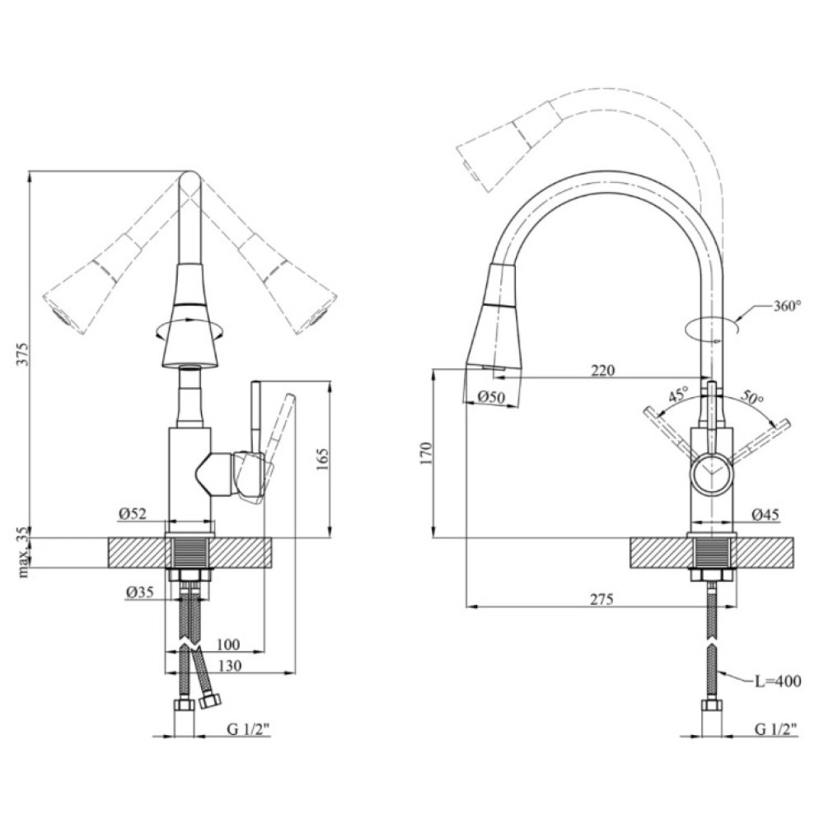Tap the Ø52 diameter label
[132, 513]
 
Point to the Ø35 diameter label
[139, 592]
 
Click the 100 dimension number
[228, 644]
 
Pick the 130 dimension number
[230, 665]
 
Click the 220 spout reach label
[602, 370]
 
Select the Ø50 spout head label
[493, 397]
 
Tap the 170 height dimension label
[426, 454]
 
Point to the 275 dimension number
[602, 598]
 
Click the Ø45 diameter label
[765, 514]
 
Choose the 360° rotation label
[787, 306]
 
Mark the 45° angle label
[678, 396]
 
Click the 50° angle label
[752, 397]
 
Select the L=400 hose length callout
[778, 681]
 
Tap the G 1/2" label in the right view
[775, 729]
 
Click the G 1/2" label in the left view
[248, 729]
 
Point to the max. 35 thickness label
[24, 552]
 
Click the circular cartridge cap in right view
[710, 472]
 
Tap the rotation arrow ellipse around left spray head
[190, 330]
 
